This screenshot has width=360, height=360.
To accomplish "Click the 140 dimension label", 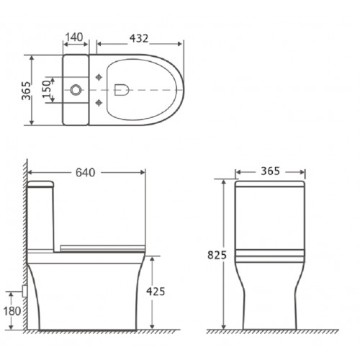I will point(78,37).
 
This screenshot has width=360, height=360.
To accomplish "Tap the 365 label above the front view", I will point(271,172).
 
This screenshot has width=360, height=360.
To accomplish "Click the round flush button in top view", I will point(75,91).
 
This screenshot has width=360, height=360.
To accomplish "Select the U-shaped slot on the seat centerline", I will point(120,91).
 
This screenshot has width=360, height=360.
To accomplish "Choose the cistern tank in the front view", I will point(271,216).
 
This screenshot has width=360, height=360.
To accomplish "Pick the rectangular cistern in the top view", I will point(78,91).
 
